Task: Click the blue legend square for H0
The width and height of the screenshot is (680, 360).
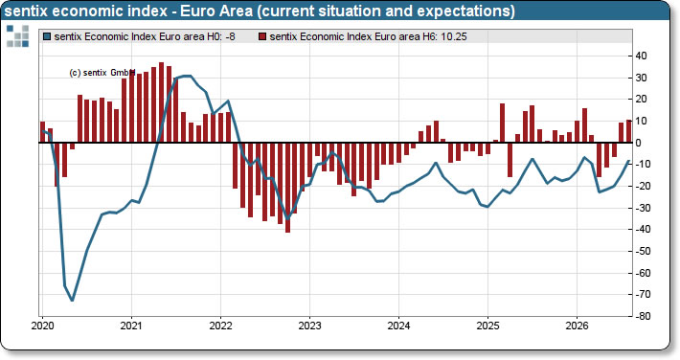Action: [47, 37]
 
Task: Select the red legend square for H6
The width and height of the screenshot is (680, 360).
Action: [262, 37]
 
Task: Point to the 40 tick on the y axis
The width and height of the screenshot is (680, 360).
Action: [641, 56]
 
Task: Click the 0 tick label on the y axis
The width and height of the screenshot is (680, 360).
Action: [639, 143]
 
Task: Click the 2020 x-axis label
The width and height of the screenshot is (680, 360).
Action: [42, 326]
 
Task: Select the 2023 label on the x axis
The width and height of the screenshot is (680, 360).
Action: [309, 326]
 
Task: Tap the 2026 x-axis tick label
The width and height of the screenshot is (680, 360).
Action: [577, 326]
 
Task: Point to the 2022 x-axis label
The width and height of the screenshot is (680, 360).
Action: [220, 326]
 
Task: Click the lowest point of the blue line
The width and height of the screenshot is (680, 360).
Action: [72, 300]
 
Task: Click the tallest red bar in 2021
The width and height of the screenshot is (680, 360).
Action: [161, 102]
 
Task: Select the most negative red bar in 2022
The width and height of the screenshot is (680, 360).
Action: [287, 188]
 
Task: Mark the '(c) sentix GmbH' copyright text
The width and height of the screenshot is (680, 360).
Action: [102, 73]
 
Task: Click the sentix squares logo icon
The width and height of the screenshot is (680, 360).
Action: [18, 36]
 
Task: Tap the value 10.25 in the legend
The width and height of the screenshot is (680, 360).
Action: [454, 37]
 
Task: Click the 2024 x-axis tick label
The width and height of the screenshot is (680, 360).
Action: [398, 326]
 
